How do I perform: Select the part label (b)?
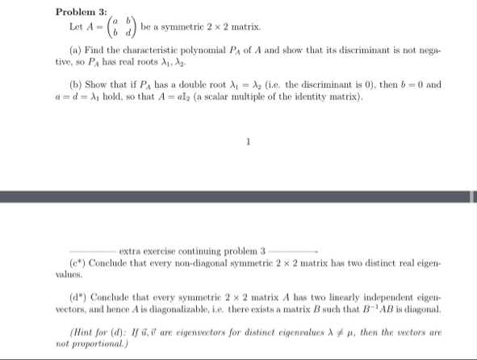point(74,85)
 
